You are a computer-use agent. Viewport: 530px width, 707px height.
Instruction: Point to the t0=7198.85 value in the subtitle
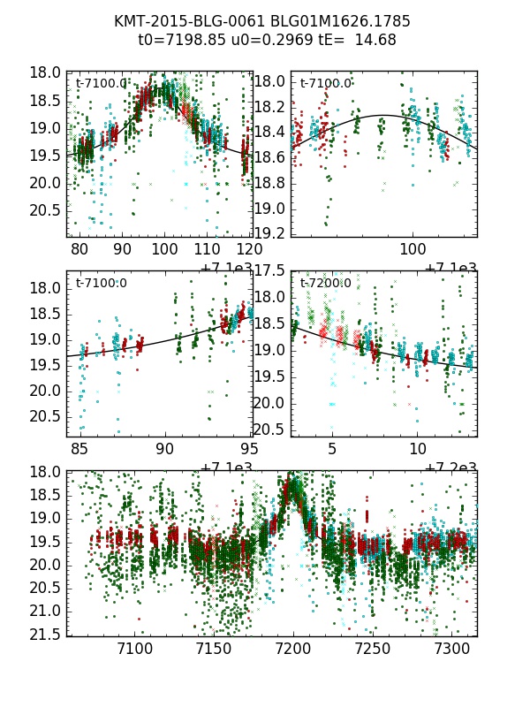[x=179, y=40]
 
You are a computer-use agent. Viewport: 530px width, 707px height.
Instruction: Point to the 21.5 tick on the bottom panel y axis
[x=44, y=634]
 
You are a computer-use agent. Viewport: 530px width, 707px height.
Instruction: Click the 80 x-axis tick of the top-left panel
[x=79, y=250]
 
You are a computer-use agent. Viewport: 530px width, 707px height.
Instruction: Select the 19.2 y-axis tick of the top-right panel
[x=270, y=233]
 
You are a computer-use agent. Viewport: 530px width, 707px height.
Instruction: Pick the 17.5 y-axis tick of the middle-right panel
[x=270, y=270]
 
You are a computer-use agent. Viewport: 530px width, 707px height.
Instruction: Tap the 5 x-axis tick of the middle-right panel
[x=332, y=450]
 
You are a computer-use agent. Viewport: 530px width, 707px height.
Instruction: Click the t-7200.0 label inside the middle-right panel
[x=325, y=284]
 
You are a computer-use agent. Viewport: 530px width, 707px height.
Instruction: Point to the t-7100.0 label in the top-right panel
[x=325, y=84]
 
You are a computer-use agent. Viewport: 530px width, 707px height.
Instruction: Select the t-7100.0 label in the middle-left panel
[x=101, y=284]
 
